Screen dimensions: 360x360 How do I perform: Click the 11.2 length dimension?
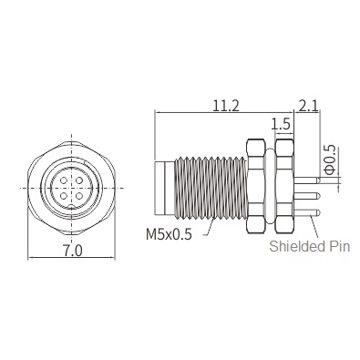pos(226,107)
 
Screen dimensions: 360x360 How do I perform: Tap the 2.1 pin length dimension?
pos(308,107)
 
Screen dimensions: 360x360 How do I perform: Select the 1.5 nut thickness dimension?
pos(281,124)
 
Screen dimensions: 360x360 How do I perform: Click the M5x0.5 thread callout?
pos(169,234)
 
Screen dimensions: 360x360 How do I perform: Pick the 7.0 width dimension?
pos(72,252)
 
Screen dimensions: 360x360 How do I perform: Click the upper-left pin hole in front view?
pos(64,181)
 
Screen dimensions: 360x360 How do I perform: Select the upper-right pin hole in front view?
pos(79,181)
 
